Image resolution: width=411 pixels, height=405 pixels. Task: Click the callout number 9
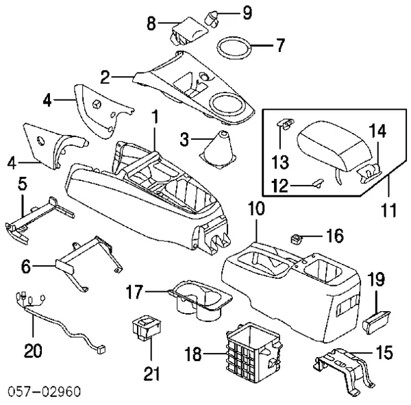(227, 12)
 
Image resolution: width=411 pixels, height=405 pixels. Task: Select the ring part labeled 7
(234, 50)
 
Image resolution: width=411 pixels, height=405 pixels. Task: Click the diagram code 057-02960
(43, 392)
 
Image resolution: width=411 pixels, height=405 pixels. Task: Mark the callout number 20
(33, 352)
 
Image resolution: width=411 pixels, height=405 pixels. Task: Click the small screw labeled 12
(317, 182)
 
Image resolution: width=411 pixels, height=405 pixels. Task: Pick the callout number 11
(388, 206)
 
